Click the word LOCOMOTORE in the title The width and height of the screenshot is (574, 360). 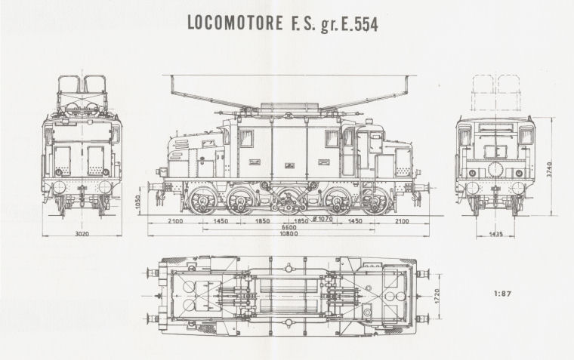(235, 23)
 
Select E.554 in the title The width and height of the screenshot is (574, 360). (360, 24)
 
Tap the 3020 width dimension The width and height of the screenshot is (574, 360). (82, 233)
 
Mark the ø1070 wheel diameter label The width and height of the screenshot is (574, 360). (322, 219)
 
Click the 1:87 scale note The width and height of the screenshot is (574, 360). (502, 293)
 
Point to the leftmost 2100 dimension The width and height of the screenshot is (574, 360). (175, 221)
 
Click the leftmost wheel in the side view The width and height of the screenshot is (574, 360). (202, 201)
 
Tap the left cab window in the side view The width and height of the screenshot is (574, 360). (246, 138)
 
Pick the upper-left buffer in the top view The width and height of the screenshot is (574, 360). (153, 272)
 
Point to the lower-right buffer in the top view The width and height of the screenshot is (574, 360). (423, 318)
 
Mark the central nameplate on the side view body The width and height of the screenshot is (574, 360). (290, 165)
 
